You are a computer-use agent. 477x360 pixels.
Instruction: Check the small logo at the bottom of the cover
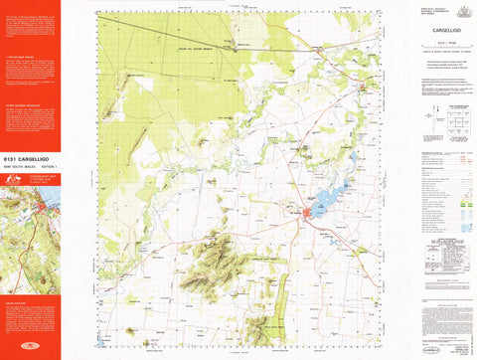(29, 351)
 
